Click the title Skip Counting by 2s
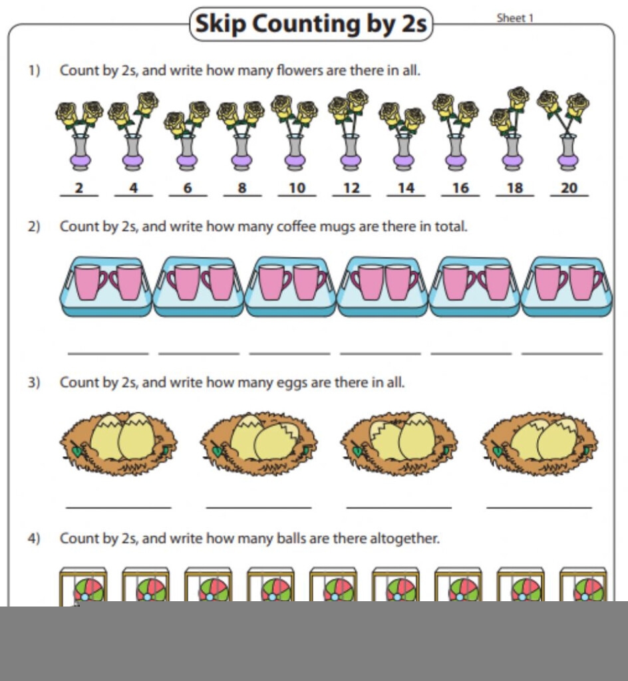pos(311,23)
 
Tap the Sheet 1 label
pos(515,18)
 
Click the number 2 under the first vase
pos(79,188)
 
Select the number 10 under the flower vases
pos(297,188)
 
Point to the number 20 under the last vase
pos(569,188)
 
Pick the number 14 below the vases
pos(406,188)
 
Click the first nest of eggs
pos(118,443)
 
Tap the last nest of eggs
pos(539,443)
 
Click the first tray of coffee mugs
pos(106,286)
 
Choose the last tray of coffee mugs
pos(567,286)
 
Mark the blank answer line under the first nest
pos(118,507)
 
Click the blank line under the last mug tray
pos(562,354)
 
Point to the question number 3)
pos(34,382)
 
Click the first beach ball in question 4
pos(89,590)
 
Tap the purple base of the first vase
pos(80,162)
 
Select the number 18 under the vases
pos(515,188)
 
